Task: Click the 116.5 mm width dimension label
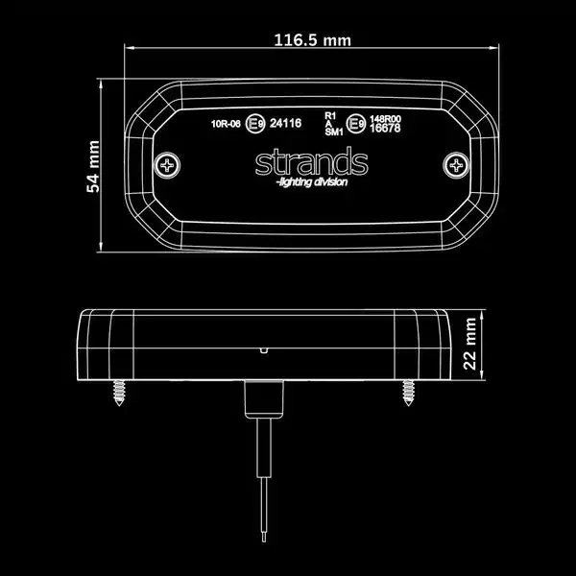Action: click(x=312, y=40)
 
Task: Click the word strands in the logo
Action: click(x=311, y=162)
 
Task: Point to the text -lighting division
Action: click(x=311, y=182)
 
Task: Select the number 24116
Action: click(x=286, y=123)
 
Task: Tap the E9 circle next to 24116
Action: click(x=256, y=123)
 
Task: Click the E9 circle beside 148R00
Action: click(x=355, y=123)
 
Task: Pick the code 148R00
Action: click(x=387, y=117)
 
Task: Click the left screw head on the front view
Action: click(x=171, y=164)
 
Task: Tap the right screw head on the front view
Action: click(x=454, y=164)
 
